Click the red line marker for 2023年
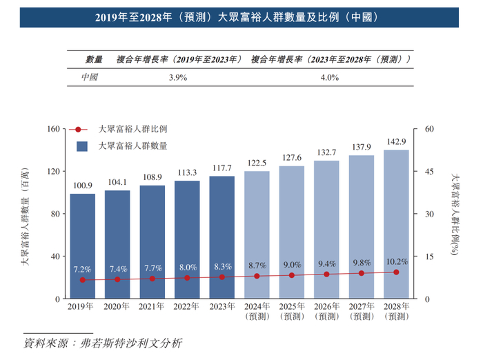tap(222, 277)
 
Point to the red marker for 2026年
tap(326, 274)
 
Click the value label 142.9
tap(396, 141)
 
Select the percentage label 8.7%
tap(257, 265)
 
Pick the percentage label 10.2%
tap(396, 261)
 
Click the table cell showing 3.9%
tap(178, 77)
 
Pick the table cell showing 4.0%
tap(330, 77)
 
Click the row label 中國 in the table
tap(90, 77)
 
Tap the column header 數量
tap(94, 59)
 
